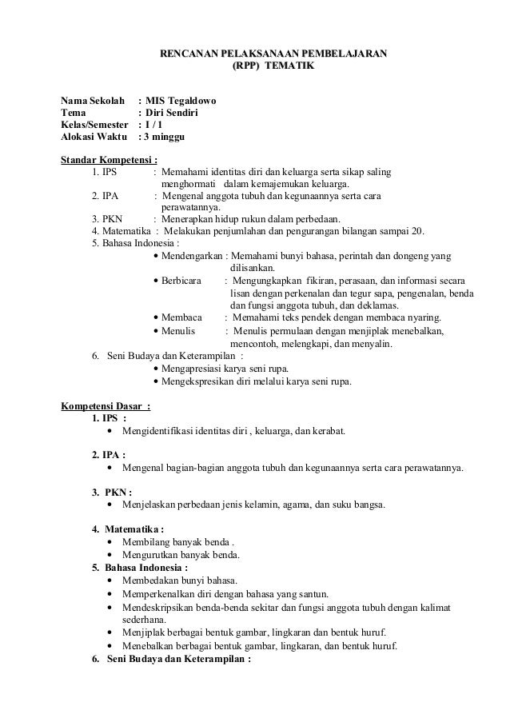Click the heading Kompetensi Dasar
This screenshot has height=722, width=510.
click(x=102, y=404)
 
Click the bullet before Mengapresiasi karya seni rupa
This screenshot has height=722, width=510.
click(x=153, y=369)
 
